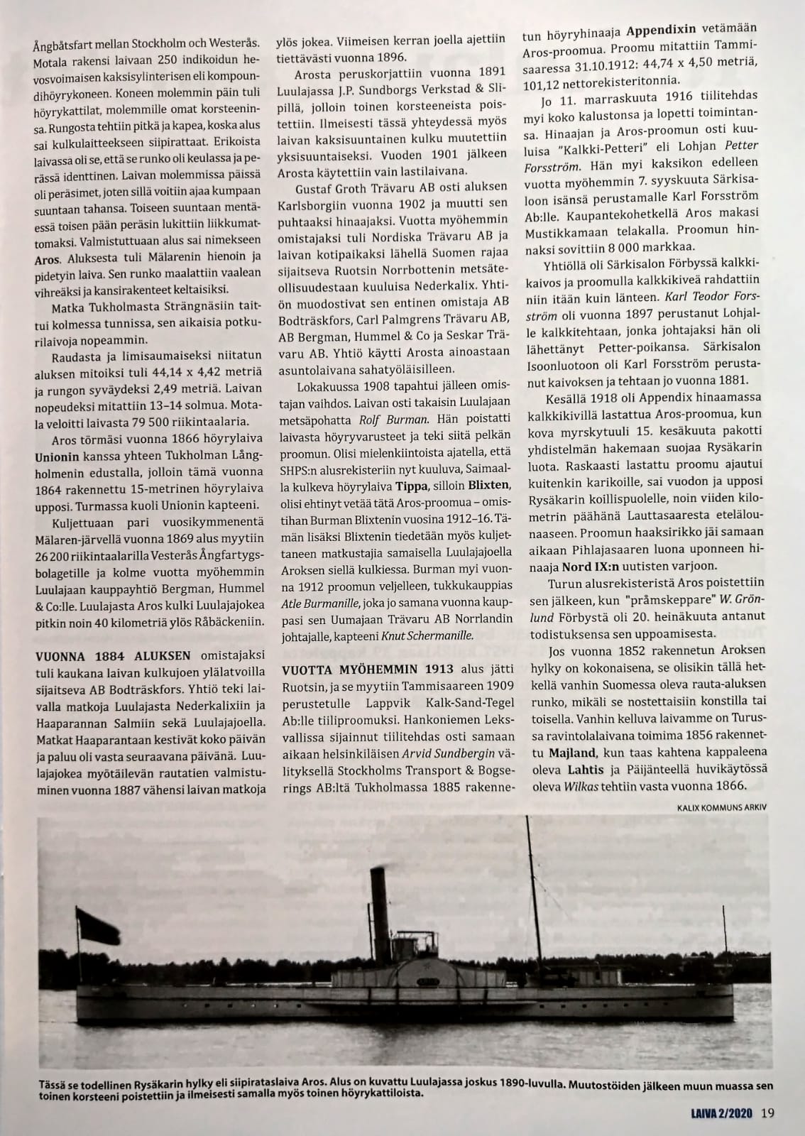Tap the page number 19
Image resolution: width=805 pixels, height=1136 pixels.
click(767, 1113)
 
